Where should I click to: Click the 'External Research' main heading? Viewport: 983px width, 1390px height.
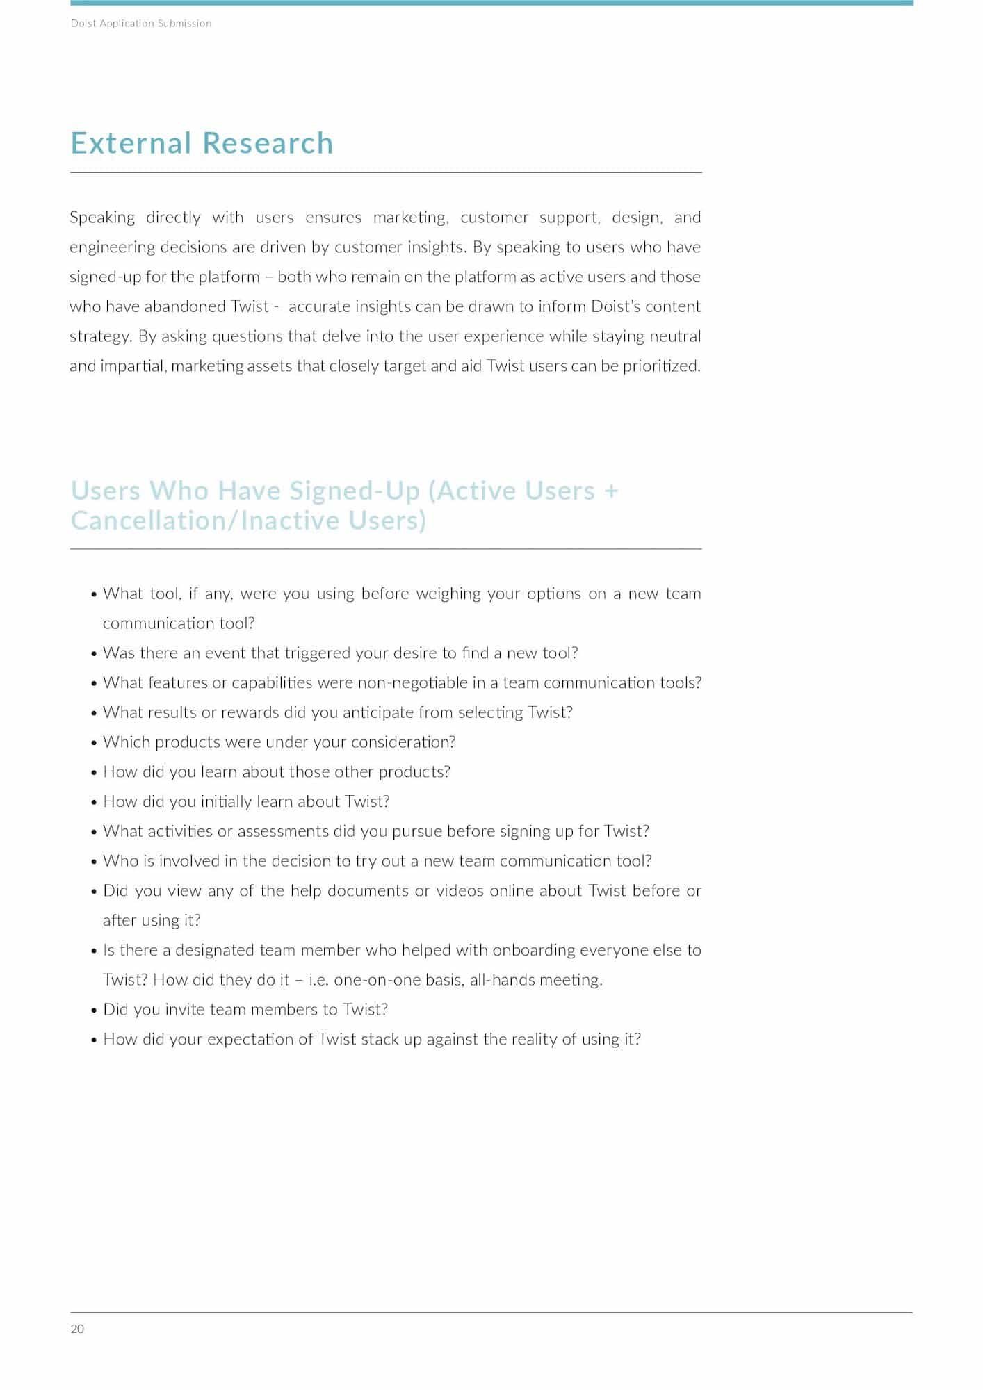click(202, 143)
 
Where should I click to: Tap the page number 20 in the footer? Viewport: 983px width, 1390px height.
click(77, 1329)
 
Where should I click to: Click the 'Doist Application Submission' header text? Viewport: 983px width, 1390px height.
click(141, 23)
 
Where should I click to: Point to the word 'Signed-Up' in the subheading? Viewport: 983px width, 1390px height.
click(355, 491)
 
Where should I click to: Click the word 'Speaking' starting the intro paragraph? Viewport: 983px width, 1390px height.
click(102, 218)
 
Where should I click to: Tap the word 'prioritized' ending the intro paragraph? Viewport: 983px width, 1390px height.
click(660, 366)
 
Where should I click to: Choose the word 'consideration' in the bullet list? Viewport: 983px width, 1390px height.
click(403, 742)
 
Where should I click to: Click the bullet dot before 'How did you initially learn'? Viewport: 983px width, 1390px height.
click(94, 802)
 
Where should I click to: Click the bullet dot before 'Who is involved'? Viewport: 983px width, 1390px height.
click(94, 862)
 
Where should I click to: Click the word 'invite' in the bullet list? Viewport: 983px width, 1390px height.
click(184, 1010)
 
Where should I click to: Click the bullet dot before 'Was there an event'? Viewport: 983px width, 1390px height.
click(94, 654)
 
